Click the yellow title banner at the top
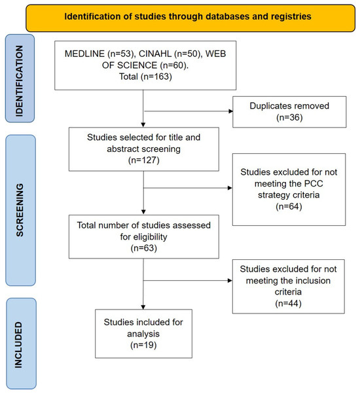coord(190,18)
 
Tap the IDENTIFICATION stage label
coord(20,79)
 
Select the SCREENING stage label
coord(20,210)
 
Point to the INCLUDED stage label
coord(21,344)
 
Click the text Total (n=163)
coord(145,77)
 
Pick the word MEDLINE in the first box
coord(84,54)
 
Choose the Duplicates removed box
coord(289,112)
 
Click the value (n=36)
coord(289,117)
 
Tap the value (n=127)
coord(144,160)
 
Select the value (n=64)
coord(289,206)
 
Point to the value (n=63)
coord(144,248)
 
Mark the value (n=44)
coord(288,303)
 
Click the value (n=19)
coord(143,345)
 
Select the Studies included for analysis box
coord(144,333)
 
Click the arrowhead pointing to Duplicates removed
coord(230,111)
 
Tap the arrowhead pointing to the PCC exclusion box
coord(230,188)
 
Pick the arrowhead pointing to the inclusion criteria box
coord(230,280)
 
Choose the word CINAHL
coord(155,54)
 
